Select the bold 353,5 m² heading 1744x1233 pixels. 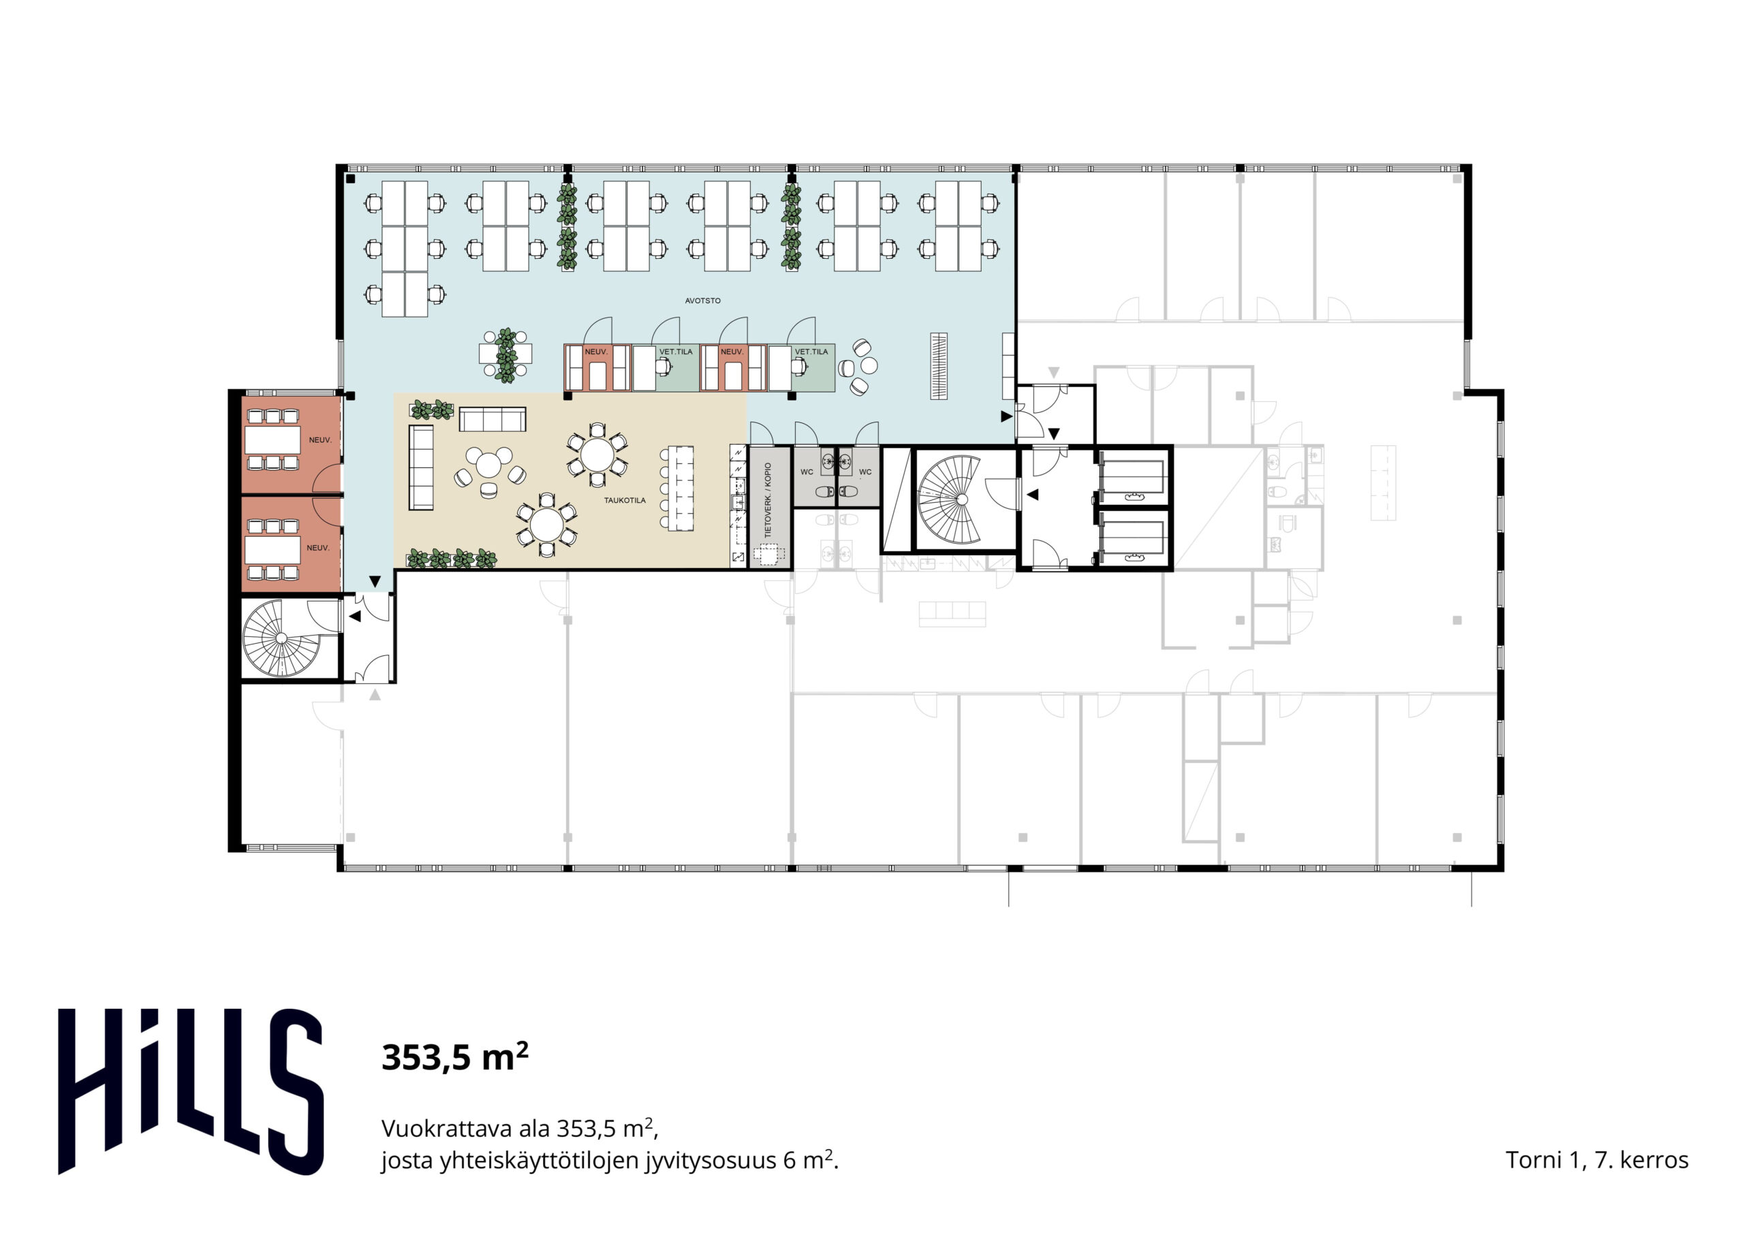pos(454,1057)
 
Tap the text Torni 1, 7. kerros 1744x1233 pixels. pos(1597,1160)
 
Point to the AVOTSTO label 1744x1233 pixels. pos(702,301)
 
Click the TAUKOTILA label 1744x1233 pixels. pos(625,501)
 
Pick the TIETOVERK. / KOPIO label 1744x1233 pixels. pos(768,500)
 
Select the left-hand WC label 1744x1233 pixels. pos(807,472)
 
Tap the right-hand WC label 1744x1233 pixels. pos(865,472)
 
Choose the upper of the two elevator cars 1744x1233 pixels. pos(1132,477)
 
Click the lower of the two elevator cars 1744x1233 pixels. pos(1132,538)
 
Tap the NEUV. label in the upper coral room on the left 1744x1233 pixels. pos(320,440)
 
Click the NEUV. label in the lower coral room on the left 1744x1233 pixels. pos(317,548)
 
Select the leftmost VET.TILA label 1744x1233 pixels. pos(675,352)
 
